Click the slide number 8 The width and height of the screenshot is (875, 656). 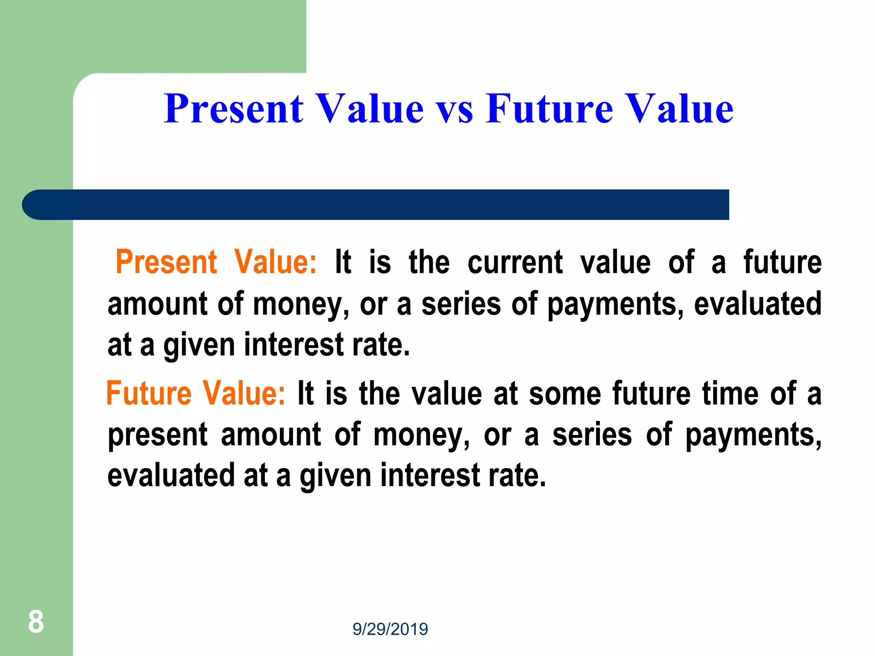pyautogui.click(x=36, y=622)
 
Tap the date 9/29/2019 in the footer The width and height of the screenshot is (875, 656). pyautogui.click(x=390, y=629)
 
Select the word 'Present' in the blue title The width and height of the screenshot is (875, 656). pyautogui.click(x=234, y=109)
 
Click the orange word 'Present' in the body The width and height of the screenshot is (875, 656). pyautogui.click(x=167, y=262)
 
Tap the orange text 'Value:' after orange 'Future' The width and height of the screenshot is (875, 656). pyautogui.click(x=244, y=393)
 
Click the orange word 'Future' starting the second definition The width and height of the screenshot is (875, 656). pyautogui.click(x=149, y=393)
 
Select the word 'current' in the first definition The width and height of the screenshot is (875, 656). pyautogui.click(x=515, y=262)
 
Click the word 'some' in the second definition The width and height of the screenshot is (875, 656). pyautogui.click(x=565, y=393)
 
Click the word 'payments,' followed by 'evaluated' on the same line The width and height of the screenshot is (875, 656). pyautogui.click(x=615, y=304)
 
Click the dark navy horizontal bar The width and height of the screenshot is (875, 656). pyautogui.click(x=385, y=205)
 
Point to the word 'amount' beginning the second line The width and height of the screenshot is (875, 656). pyautogui.click(x=157, y=304)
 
